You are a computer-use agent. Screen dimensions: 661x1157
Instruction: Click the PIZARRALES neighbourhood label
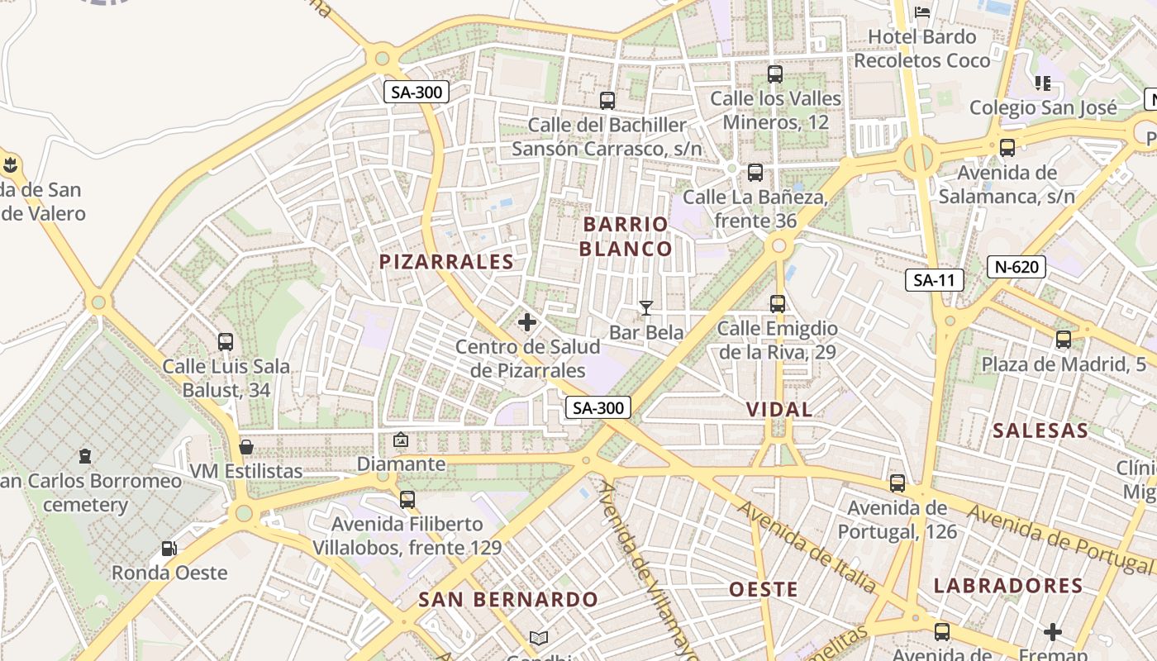[x=446, y=262]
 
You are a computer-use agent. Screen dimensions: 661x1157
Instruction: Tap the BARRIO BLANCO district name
[x=626, y=236]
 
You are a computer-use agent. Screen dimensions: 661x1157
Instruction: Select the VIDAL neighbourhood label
[x=779, y=409]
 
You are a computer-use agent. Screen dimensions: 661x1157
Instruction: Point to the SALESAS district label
[x=1040, y=430]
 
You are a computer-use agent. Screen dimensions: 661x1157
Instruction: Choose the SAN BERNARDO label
[x=507, y=600]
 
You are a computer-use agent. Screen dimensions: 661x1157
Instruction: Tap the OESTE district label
[x=764, y=589]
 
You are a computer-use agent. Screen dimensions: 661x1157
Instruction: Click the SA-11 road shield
[x=934, y=280]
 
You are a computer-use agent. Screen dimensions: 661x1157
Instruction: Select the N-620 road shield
[x=1017, y=267]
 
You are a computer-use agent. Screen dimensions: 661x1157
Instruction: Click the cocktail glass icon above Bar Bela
[x=646, y=308]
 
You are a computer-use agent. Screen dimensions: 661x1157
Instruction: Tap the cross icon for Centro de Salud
[x=527, y=322]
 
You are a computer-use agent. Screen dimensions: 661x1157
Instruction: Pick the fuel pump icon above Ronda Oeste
[x=169, y=548]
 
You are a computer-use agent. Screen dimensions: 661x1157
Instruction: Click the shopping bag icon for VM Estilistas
[x=246, y=447]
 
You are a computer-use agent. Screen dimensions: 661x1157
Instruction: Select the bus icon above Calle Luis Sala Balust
[x=226, y=341]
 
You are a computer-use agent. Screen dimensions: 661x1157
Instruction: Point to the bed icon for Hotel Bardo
[x=922, y=12]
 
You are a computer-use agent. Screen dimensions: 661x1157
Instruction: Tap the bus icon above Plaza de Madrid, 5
[x=1063, y=340]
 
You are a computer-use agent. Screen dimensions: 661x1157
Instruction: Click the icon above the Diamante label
[x=401, y=440]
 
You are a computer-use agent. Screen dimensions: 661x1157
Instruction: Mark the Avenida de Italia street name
[x=807, y=546]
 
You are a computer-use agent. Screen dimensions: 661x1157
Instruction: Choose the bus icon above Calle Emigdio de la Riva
[x=777, y=303]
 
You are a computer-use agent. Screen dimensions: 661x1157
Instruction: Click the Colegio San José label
[x=1043, y=107]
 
